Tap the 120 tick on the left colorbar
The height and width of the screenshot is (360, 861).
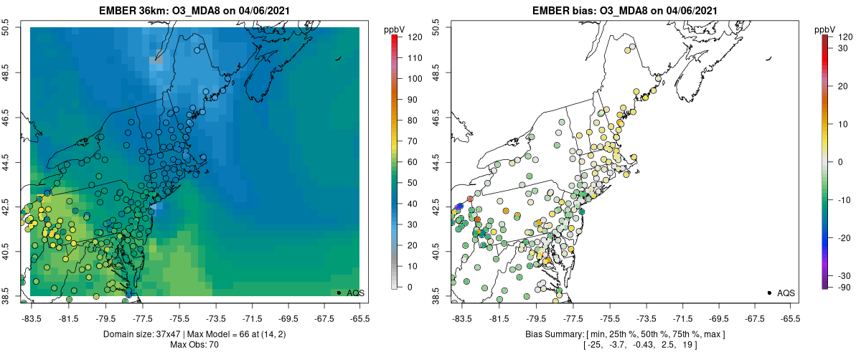414,36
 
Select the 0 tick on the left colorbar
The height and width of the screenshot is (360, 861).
409,287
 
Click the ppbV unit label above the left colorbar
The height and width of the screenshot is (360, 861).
395,29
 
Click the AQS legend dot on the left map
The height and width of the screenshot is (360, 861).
339,293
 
